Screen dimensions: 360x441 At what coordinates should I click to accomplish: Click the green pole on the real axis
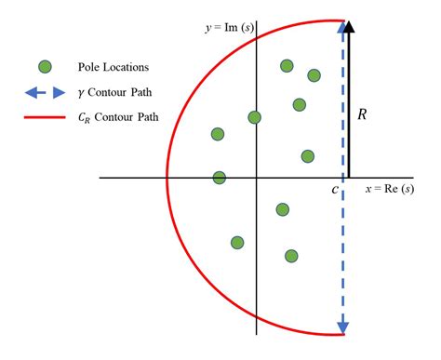tap(220, 178)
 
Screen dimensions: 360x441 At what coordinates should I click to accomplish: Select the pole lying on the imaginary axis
tap(254, 117)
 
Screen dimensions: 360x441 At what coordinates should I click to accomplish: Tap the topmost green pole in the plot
tap(287, 65)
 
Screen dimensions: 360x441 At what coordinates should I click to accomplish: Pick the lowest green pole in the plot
tap(291, 256)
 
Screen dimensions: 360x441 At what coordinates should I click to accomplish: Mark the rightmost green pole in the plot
tap(314, 75)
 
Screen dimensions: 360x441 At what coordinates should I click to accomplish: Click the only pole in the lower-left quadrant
tap(237, 243)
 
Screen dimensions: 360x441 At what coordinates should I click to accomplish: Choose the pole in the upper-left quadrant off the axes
tap(217, 135)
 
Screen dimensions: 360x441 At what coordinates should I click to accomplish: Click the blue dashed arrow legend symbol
tap(45, 92)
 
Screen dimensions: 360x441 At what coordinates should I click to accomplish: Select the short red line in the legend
tap(45, 118)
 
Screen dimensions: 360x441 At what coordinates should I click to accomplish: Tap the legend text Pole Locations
tap(117, 67)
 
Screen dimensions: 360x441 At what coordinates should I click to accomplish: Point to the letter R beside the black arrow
tap(364, 114)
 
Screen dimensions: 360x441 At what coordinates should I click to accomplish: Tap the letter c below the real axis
tap(334, 191)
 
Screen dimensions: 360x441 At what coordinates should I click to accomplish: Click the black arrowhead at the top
tap(349, 28)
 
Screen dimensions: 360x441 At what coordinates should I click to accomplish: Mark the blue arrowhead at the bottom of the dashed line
tap(344, 326)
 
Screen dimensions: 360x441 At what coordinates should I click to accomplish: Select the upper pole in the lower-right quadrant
tap(283, 209)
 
